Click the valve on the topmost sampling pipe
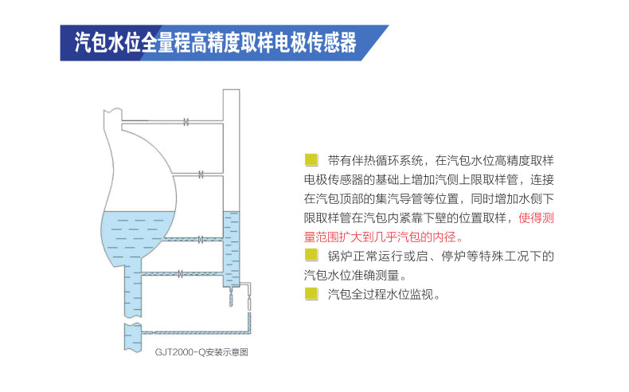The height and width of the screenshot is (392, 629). pyautogui.click(x=186, y=121)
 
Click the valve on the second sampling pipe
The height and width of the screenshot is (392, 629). pyautogui.click(x=201, y=173)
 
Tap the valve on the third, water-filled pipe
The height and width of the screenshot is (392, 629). pyautogui.click(x=201, y=238)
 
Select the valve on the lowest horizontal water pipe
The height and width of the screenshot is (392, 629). pyautogui.click(x=181, y=274)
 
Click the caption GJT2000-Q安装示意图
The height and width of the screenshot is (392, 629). pyautogui.click(x=202, y=351)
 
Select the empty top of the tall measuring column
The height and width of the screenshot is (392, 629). pyautogui.click(x=231, y=143)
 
